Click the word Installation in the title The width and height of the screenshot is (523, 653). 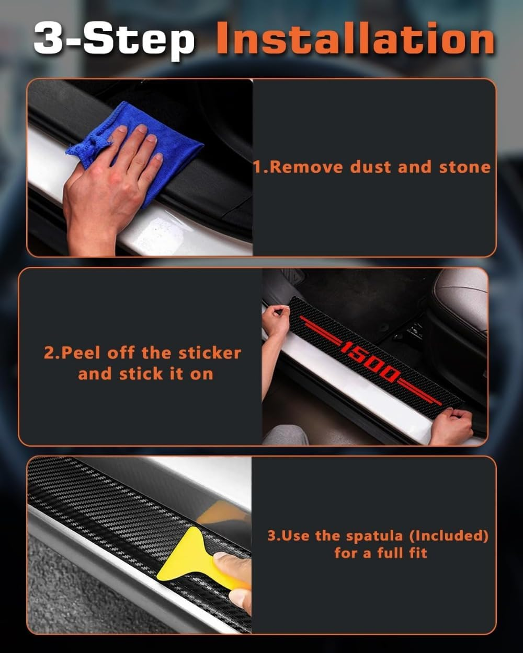(x=356, y=39)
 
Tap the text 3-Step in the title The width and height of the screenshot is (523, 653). (x=114, y=39)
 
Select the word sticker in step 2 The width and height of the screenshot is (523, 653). (x=210, y=353)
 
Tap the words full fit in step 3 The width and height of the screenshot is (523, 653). (x=402, y=553)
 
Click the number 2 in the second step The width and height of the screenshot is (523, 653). (x=49, y=353)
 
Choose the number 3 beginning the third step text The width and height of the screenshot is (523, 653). (x=272, y=536)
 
